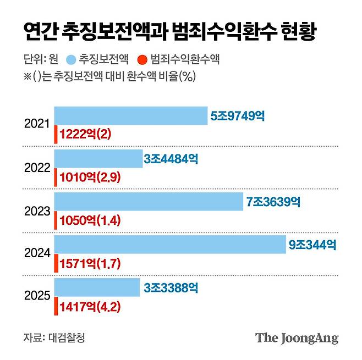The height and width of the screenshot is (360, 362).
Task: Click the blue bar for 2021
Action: (131, 116)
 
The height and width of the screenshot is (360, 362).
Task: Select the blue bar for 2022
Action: (98, 159)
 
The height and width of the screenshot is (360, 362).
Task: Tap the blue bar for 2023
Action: (149, 202)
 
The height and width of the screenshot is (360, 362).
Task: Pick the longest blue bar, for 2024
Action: (170, 245)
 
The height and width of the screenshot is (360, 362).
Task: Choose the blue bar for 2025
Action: (97, 287)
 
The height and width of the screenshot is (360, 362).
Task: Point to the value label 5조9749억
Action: (238, 117)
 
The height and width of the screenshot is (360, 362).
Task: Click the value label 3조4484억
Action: (171, 159)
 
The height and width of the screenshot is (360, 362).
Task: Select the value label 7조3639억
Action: (273, 202)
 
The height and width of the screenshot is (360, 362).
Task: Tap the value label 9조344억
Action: (312, 245)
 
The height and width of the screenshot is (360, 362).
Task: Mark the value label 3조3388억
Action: (171, 288)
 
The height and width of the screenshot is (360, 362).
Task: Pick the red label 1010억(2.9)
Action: (90, 178)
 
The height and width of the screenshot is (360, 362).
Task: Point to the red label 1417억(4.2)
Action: (90, 307)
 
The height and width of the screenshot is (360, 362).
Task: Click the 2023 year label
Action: (37, 211)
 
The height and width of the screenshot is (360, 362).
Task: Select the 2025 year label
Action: (37, 296)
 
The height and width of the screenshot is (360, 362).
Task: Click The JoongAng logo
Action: (297, 338)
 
